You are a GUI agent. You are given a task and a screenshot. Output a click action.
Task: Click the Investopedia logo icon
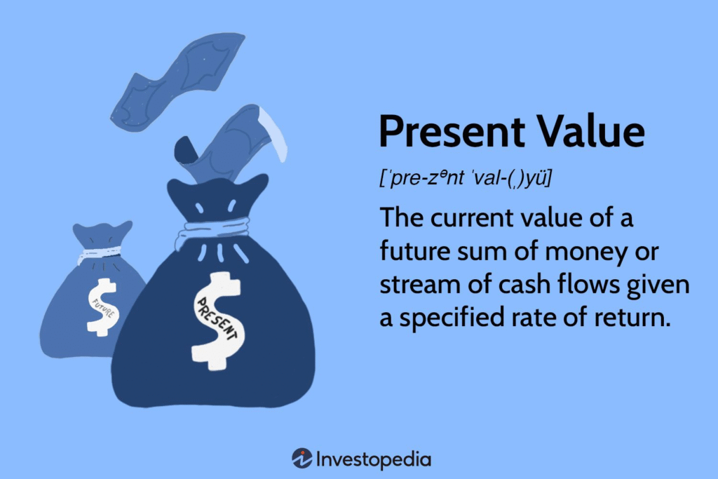(x=302, y=459)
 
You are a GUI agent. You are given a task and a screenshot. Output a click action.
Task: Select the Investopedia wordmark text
(x=373, y=460)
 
